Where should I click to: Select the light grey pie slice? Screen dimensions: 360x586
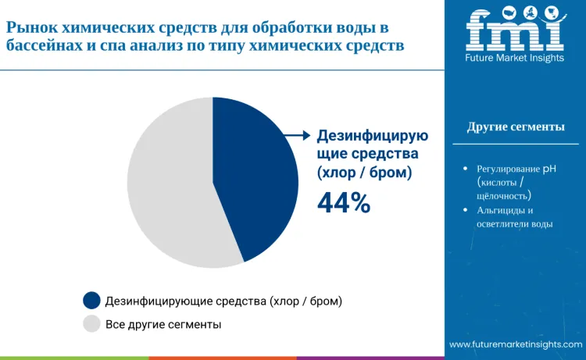click(168, 187)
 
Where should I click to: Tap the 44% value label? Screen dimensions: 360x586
click(343, 203)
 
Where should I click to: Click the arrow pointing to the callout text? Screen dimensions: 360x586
click(295, 136)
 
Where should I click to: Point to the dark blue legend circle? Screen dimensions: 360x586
click(91, 300)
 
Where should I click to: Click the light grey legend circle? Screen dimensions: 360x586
click(91, 323)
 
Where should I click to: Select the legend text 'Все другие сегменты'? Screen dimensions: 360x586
click(163, 323)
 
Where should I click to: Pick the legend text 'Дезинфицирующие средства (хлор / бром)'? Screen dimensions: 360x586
click(224, 300)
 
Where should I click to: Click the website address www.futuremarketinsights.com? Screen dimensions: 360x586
click(516, 344)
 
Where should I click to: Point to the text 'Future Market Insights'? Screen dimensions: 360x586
click(514, 59)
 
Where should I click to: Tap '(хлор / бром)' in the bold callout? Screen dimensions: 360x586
click(364, 171)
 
